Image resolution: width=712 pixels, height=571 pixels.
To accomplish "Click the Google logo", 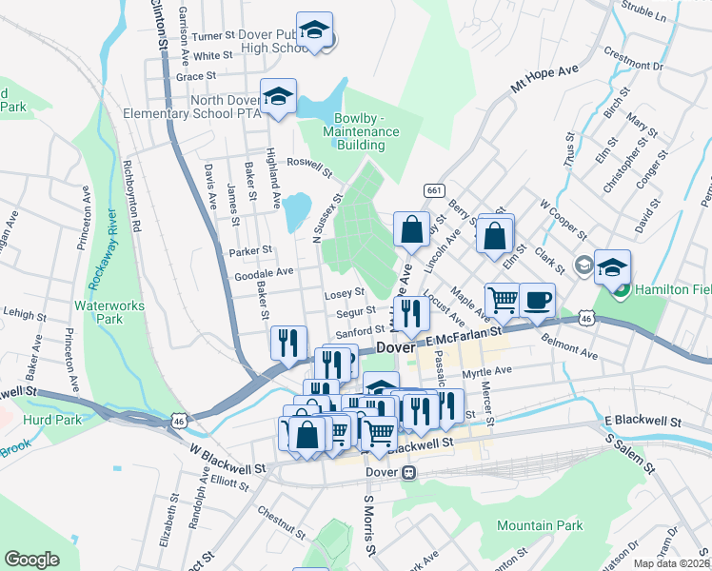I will tap(31, 560).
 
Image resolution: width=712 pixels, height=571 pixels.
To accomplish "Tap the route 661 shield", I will tap(434, 190).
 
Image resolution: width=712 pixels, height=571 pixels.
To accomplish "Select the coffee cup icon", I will tap(537, 300).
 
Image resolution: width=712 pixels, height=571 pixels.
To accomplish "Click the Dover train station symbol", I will tap(409, 471).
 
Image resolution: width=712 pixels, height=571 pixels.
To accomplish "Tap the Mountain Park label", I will tap(539, 525).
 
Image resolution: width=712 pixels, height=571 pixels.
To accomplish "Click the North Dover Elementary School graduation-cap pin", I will tap(278, 97).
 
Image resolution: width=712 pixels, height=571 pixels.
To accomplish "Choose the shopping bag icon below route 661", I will tap(411, 229).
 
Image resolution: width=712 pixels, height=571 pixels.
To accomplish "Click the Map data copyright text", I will tap(672, 562).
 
